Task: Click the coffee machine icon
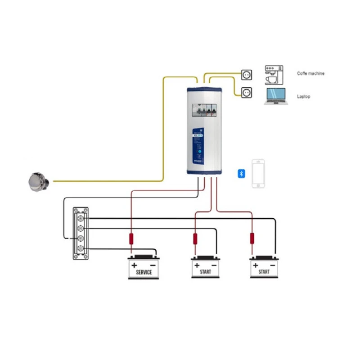click(274, 75)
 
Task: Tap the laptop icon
click(275, 96)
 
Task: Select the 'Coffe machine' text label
click(310, 73)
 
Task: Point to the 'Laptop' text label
click(304, 96)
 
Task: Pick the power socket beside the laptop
click(246, 93)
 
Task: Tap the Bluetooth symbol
click(241, 174)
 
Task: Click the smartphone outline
click(258, 173)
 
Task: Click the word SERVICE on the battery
click(144, 272)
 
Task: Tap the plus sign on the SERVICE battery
click(134, 265)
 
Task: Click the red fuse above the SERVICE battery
click(131, 238)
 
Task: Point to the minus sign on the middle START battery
click(214, 265)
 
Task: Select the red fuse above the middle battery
click(195, 238)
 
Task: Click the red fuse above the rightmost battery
click(252, 238)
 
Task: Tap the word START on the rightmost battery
click(264, 272)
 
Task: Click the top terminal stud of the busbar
click(81, 218)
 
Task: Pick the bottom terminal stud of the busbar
click(81, 248)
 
